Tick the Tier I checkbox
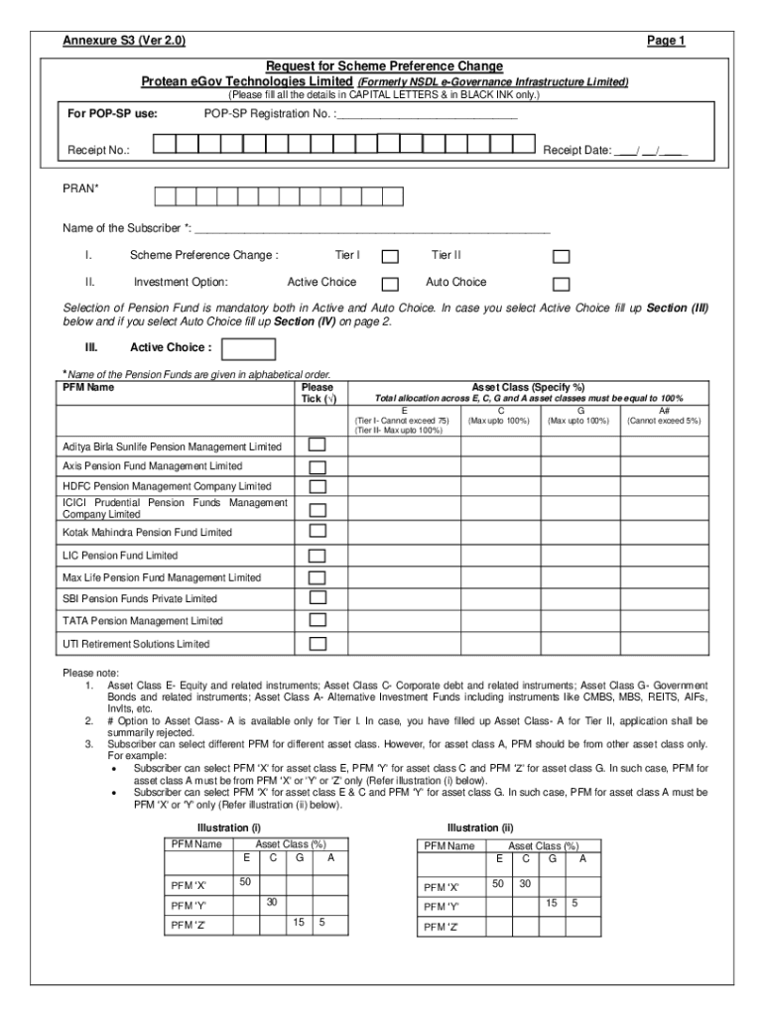pos(391,257)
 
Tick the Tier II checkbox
pos(561,257)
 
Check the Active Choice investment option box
pos(391,284)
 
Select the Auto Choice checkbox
pos(561,284)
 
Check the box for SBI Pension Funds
pos(318,598)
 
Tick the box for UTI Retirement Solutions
pos(318,643)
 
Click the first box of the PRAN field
pos(162,194)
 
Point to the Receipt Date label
pos(576,152)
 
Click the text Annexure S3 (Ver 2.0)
pos(123,41)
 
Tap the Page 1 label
pos(666,41)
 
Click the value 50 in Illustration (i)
pos(245,882)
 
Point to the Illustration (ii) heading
pos(480,827)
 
